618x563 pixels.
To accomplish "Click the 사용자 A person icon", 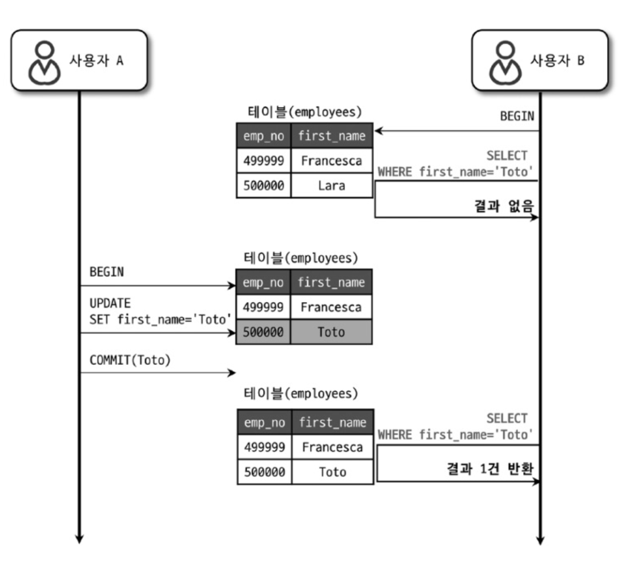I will point(45,62).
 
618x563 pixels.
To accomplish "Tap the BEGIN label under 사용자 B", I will point(517,116).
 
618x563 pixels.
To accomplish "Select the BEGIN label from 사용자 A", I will point(106,272).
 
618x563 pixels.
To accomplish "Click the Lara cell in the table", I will point(331,186).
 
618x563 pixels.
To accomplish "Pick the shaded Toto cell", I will point(331,332).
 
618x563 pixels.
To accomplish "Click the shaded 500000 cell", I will point(263,332).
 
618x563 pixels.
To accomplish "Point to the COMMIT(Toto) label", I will point(130,361).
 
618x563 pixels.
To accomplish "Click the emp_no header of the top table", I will point(263,136).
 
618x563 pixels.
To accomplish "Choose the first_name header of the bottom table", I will point(332,423).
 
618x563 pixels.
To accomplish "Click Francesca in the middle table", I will point(331,307).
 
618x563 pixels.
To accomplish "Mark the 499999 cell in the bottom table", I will point(264,447).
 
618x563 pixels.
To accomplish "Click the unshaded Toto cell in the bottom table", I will point(332,472).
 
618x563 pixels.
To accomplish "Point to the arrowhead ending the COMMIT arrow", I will point(232,373).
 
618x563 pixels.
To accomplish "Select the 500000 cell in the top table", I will point(263,186).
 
